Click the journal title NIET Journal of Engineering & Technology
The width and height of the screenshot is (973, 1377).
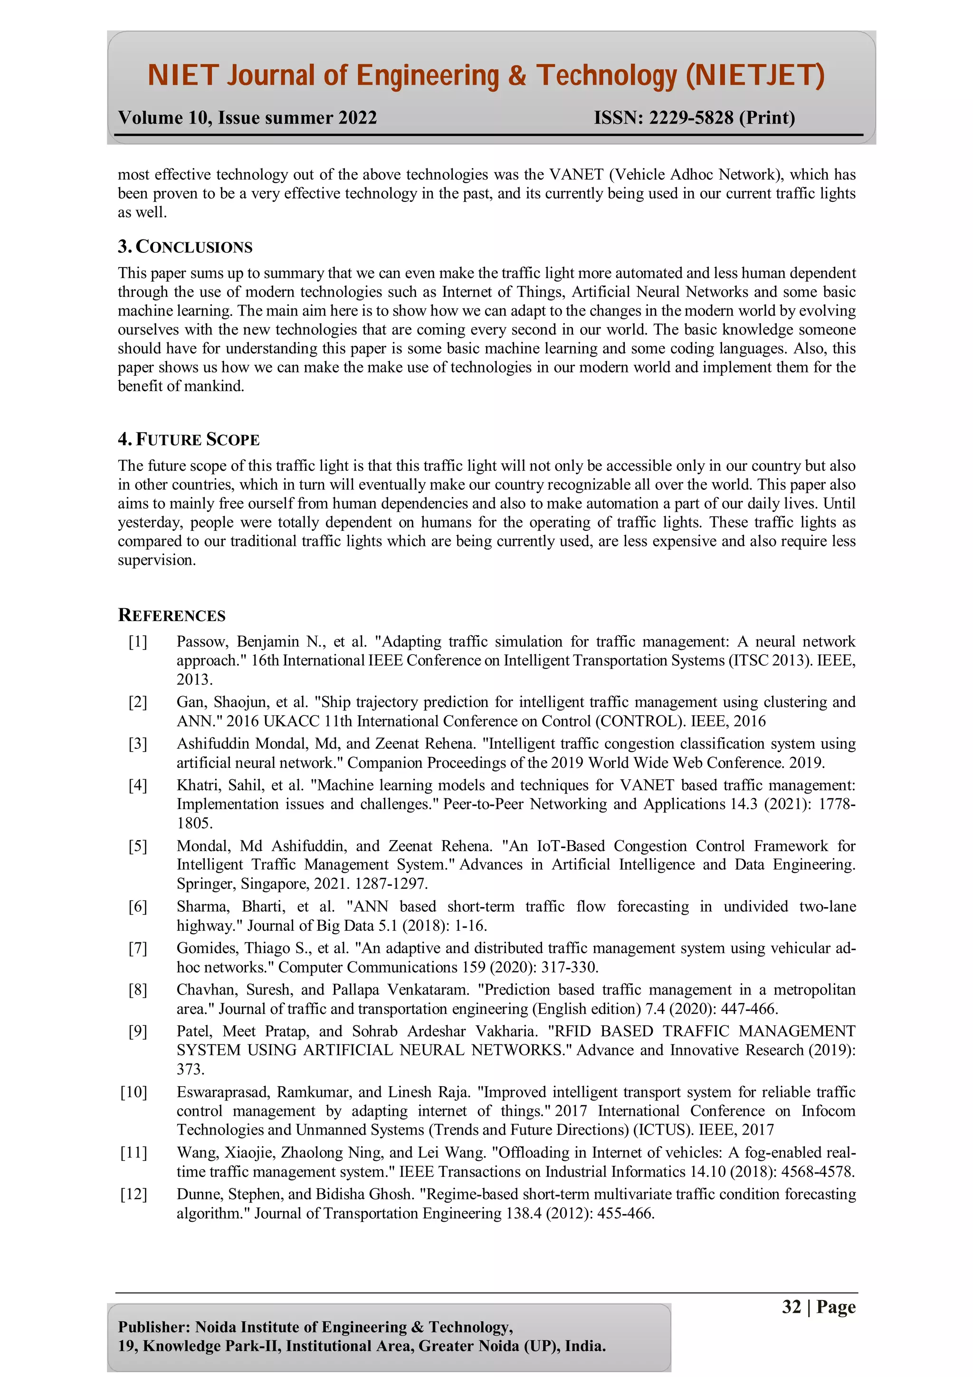(486, 76)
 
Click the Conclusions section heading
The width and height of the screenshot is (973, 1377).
(185, 247)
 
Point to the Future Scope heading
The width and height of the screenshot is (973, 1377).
(189, 440)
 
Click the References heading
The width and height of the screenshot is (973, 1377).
(172, 615)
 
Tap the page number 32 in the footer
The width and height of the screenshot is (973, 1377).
(792, 1307)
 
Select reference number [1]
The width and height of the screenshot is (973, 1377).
(138, 642)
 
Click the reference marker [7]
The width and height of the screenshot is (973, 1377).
(138, 948)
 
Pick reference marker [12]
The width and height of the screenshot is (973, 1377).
(134, 1194)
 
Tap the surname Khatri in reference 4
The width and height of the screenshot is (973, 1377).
(197, 785)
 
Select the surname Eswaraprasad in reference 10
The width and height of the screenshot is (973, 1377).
(222, 1092)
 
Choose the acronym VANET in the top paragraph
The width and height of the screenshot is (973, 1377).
(576, 174)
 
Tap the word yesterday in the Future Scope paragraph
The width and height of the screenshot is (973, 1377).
(150, 522)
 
